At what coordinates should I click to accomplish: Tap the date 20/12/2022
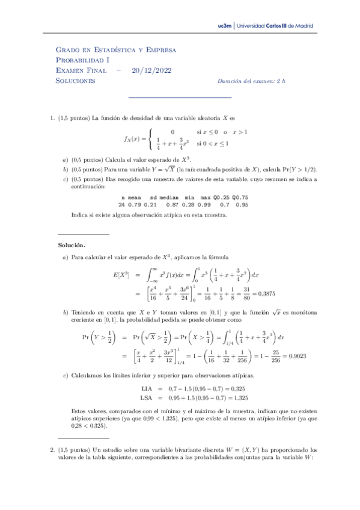pyautogui.click(x=151, y=70)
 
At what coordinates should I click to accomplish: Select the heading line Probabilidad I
pyautogui.click(x=82, y=60)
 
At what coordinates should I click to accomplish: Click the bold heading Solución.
pyautogui.click(x=72, y=245)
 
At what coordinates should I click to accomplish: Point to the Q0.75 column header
pyautogui.click(x=240, y=197)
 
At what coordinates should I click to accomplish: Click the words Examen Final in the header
pyautogui.click(x=81, y=70)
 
